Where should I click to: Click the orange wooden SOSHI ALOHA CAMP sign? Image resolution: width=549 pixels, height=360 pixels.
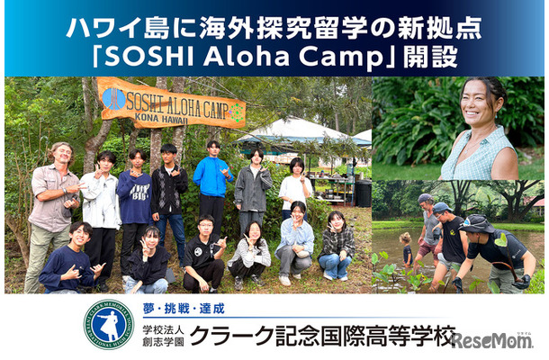coord(171,103)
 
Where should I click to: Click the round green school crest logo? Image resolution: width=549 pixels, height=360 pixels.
coord(108,324)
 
